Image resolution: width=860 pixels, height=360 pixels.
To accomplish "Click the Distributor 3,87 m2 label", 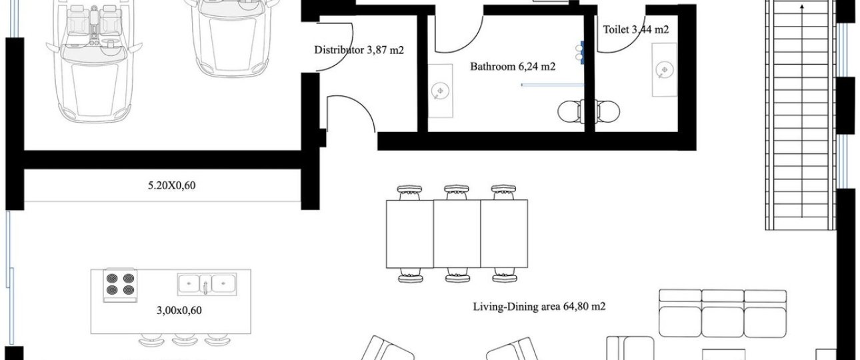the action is pos(359,50).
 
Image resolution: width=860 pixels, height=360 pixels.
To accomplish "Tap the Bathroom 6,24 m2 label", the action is pos(513,67).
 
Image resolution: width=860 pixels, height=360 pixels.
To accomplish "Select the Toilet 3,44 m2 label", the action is pos(636,29).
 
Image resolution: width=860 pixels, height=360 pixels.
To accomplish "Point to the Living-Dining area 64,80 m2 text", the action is pos(539,307).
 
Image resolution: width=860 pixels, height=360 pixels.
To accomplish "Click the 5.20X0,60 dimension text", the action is pos(171,185).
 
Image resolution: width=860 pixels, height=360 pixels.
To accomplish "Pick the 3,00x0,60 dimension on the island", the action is pos(179,310).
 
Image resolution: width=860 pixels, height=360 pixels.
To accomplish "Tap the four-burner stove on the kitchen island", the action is pos(120,285).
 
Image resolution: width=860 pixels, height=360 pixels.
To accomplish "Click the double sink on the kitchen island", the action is pos(207,285).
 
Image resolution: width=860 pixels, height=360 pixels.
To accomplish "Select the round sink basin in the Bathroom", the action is pos(440,91).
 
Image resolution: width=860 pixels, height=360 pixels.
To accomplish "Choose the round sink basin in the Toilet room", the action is pos(664,70).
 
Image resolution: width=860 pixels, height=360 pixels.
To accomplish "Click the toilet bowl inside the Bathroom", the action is pos(569,112).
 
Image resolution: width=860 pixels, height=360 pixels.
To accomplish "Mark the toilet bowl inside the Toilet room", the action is pos(607,112).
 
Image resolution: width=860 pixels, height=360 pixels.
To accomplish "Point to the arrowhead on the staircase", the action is pos(801,6).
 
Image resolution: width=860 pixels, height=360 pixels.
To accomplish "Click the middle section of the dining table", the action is pos(457,234).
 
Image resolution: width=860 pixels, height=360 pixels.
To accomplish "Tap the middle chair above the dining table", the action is pos(457,192).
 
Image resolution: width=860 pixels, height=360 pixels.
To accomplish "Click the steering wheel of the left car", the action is pos(109,43).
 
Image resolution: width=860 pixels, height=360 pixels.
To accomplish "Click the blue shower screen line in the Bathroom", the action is pos(553,85).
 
